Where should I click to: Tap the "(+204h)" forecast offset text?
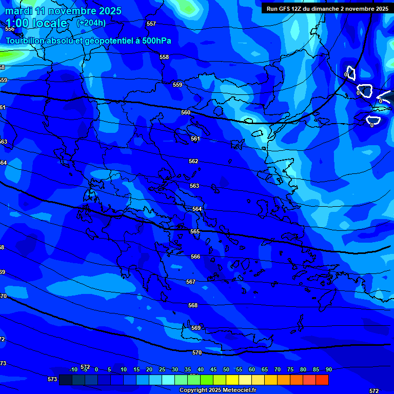coord(91,23)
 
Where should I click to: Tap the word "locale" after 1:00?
coord(49,23)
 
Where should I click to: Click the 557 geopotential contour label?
coord(151,24)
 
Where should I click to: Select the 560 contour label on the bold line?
coord(186,112)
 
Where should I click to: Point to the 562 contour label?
coord(193,162)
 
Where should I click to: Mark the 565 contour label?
coord(195,232)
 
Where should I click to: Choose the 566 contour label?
coord(195,257)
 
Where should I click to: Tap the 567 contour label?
coord(191,282)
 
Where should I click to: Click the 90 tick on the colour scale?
coord(328,370)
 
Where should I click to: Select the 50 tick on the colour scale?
coord(226,370)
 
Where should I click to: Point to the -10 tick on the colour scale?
coord(73,370)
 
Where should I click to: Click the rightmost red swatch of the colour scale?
coord(322,380)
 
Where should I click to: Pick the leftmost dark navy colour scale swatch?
coord(66,380)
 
